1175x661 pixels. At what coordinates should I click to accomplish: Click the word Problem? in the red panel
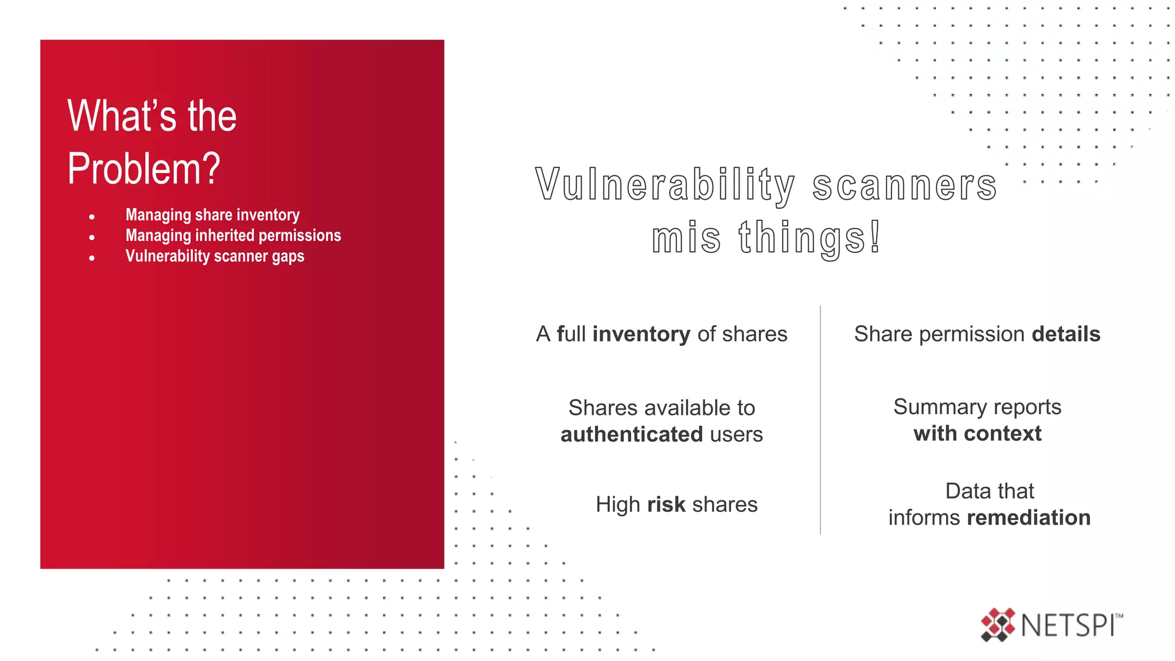point(143,169)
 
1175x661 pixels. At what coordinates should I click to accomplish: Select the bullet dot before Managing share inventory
point(92,217)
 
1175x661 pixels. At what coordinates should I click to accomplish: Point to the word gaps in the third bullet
point(288,256)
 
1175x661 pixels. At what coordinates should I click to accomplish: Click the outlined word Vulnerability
point(666,185)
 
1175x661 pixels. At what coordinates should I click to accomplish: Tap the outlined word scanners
point(905,185)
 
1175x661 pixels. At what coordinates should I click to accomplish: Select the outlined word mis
point(686,238)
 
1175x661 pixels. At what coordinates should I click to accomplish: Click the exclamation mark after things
point(875,236)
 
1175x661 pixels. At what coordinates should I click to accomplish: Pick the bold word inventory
point(641,334)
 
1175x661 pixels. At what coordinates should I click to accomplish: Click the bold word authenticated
point(632,434)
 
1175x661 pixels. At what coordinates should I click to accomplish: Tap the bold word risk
point(666,504)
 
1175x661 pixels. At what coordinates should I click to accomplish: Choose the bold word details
point(1066,334)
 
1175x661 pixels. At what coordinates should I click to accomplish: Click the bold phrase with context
point(977,433)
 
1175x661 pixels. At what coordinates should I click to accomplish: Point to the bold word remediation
point(1029,518)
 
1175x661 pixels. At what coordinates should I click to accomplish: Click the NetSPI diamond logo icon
point(998,624)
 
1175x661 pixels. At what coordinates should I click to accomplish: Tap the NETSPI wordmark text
point(1068,625)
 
